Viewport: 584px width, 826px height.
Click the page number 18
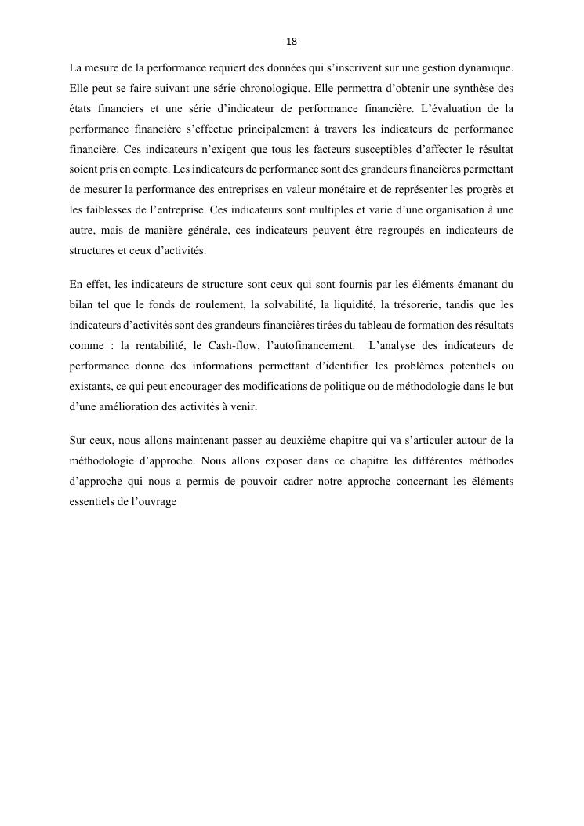pyautogui.click(x=292, y=41)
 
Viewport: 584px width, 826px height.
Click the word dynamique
pyautogui.click(x=484, y=68)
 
